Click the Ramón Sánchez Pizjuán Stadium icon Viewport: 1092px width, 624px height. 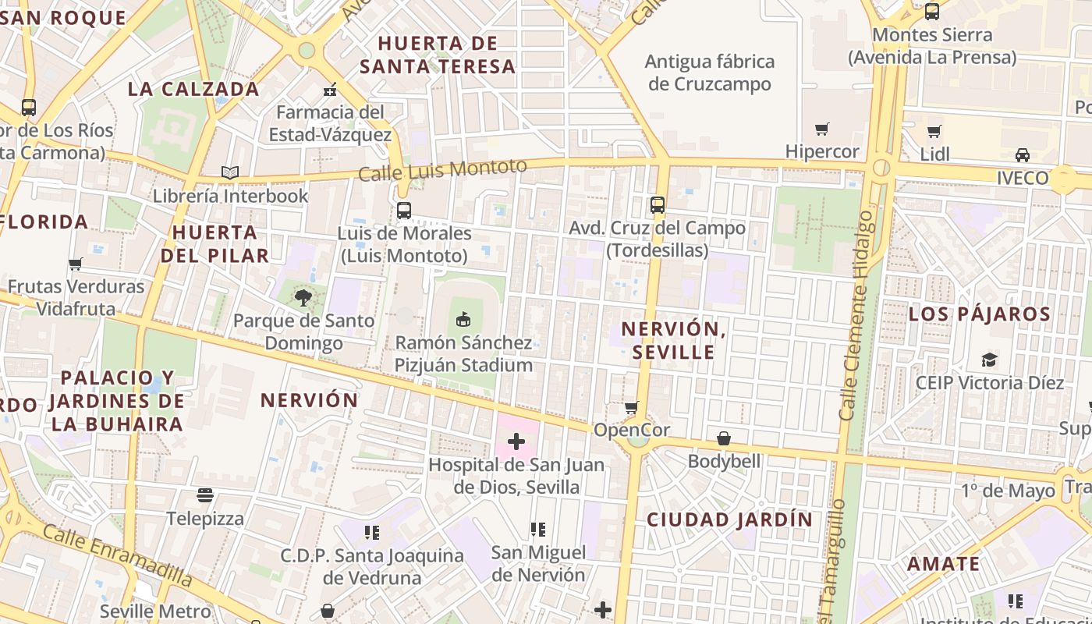coord(463,319)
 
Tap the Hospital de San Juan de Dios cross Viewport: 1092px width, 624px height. coord(516,441)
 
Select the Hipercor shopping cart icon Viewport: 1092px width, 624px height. coord(821,129)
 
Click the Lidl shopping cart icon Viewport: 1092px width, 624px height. coord(934,131)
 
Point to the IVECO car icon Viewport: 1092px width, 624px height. coord(1022,154)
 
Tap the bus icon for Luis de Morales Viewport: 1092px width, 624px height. coord(403,210)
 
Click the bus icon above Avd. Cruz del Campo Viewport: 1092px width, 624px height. coord(657,205)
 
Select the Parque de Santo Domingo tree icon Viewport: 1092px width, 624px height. coord(303,297)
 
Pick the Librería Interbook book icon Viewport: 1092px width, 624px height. coord(229,172)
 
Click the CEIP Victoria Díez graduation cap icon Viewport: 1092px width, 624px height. coord(989,360)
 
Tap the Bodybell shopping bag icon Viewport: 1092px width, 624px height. coord(724,438)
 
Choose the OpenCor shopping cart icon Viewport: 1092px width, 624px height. coord(631,407)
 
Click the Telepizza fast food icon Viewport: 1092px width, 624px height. coord(205,495)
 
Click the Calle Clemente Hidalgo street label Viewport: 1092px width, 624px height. coord(856,316)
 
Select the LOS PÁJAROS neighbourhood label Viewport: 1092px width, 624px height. coord(980,314)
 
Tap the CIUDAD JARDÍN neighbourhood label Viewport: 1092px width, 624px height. coord(729,519)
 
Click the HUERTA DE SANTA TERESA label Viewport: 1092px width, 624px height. coord(438,55)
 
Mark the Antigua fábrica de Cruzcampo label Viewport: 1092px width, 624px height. coord(709,73)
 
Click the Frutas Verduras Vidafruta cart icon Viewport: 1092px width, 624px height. coord(76,264)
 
